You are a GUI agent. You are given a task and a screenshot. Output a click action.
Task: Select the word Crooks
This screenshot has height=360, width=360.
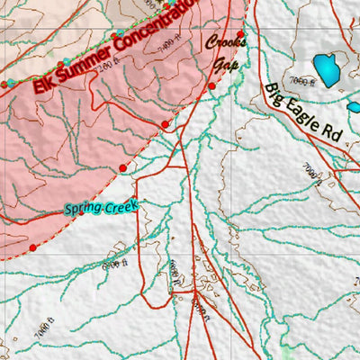point(225,42)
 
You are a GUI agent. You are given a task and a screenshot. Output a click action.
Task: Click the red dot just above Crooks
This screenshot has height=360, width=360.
point(240,33)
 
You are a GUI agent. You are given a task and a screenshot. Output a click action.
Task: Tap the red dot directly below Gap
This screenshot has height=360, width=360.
point(211,86)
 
